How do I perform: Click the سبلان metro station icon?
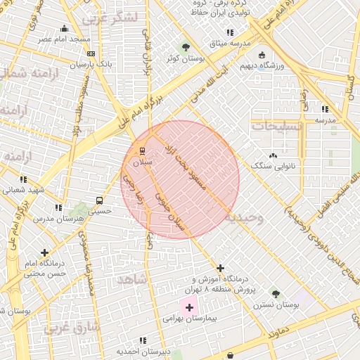pos(142,150)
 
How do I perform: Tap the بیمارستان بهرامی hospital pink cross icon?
pos(189,307)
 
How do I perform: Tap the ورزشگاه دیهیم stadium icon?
pos(262,55)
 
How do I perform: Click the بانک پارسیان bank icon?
pos(91,53)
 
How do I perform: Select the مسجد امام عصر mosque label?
pos(65,39)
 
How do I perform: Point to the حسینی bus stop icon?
pos(99,200)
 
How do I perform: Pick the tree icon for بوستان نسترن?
pos(275,294)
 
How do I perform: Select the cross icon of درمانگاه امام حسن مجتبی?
pos(45,252)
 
